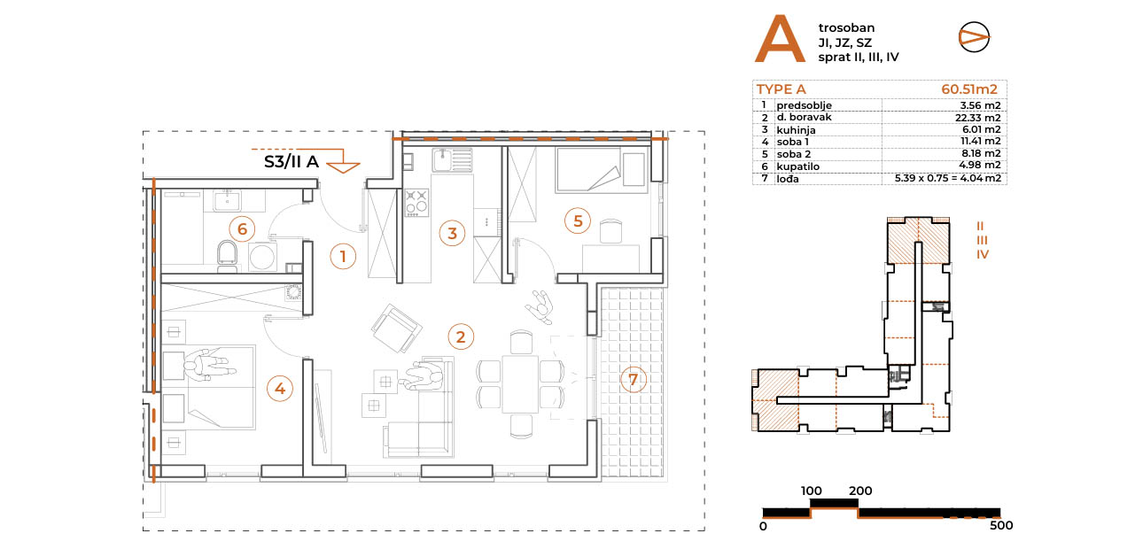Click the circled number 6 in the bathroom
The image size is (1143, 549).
243,228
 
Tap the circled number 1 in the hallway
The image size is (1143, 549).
343,256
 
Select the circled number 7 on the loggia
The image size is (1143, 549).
634,380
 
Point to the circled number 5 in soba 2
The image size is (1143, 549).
578,220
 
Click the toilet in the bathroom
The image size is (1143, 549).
227,254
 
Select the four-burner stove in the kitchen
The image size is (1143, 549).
416,203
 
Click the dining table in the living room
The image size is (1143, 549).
520,383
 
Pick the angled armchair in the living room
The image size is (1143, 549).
396,329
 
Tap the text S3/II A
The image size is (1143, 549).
292,162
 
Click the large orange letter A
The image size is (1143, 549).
779,39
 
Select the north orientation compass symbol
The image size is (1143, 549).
974,36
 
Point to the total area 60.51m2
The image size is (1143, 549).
969,89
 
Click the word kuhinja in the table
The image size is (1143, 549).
796,130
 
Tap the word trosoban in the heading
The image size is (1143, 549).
846,28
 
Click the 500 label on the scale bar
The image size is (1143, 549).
1001,526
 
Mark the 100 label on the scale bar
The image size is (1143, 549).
812,491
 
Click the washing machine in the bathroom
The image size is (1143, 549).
263,257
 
